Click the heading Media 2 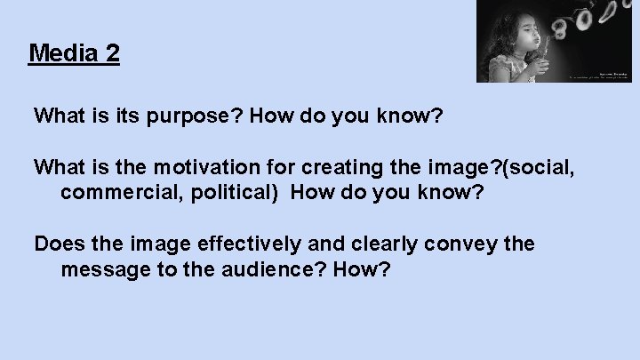75,53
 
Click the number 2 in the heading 111,53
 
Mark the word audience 273,268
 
